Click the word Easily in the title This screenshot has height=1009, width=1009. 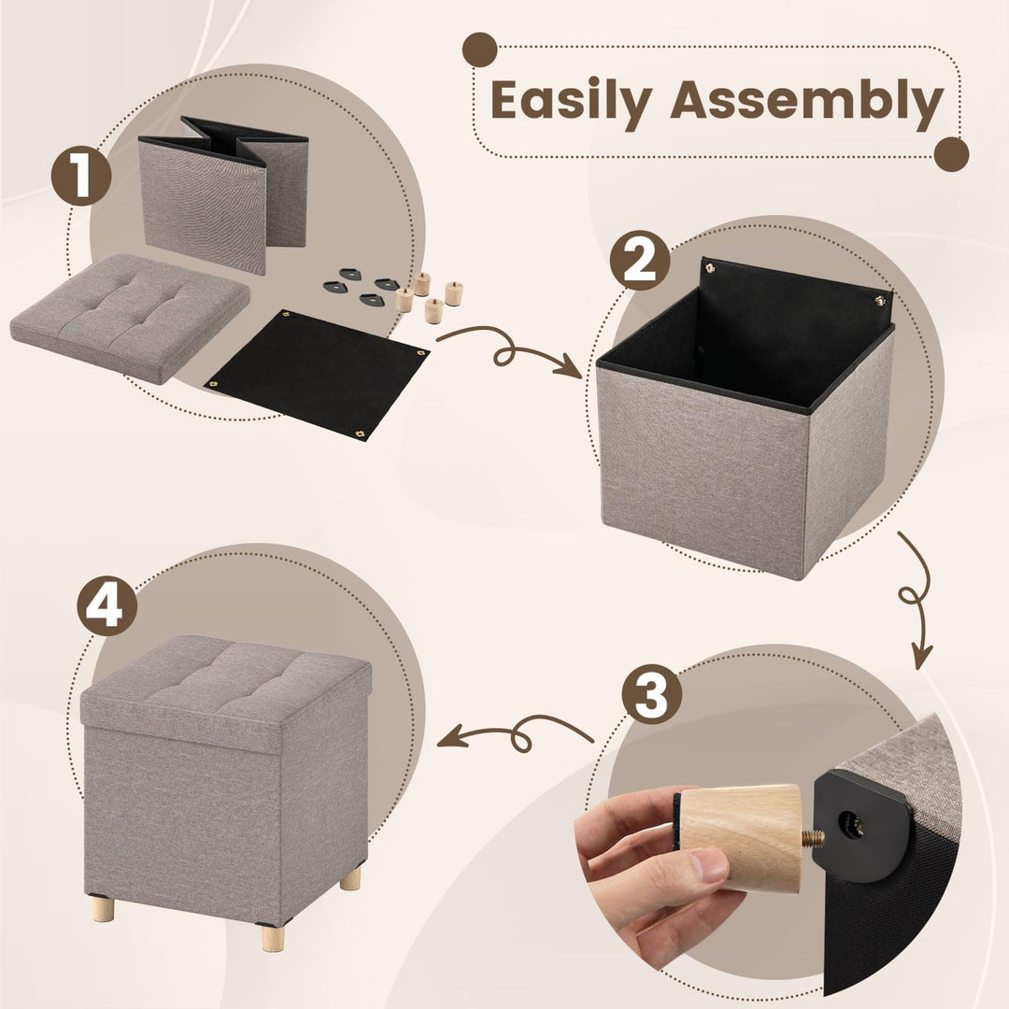572,100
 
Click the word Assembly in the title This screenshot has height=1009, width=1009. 806,100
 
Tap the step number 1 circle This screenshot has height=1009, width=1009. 81,176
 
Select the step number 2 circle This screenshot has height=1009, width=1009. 640,260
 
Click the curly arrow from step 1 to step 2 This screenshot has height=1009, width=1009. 509,349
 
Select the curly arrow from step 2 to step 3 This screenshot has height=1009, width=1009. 912,598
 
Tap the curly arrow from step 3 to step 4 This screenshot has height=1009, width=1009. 514,732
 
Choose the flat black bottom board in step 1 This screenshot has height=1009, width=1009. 316,374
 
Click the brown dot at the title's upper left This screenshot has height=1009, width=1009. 480,50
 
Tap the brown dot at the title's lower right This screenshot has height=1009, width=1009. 951,153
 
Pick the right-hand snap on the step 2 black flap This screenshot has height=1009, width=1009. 879,300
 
